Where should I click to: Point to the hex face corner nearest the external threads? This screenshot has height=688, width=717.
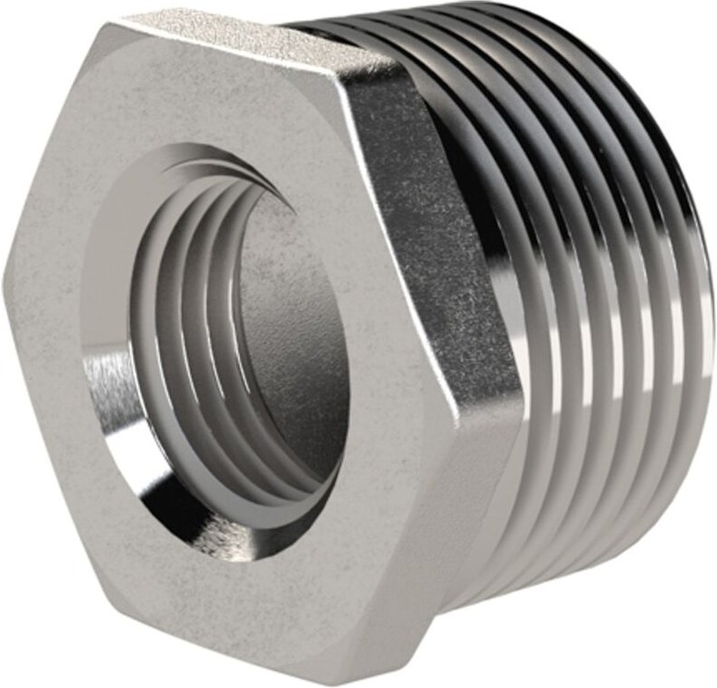pyautogui.click(x=522, y=398)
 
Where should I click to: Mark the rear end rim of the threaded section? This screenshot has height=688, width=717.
pyautogui.click(x=700, y=298)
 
